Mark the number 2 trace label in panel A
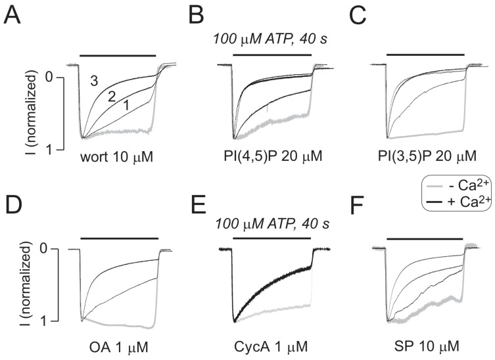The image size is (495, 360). [112, 97]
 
